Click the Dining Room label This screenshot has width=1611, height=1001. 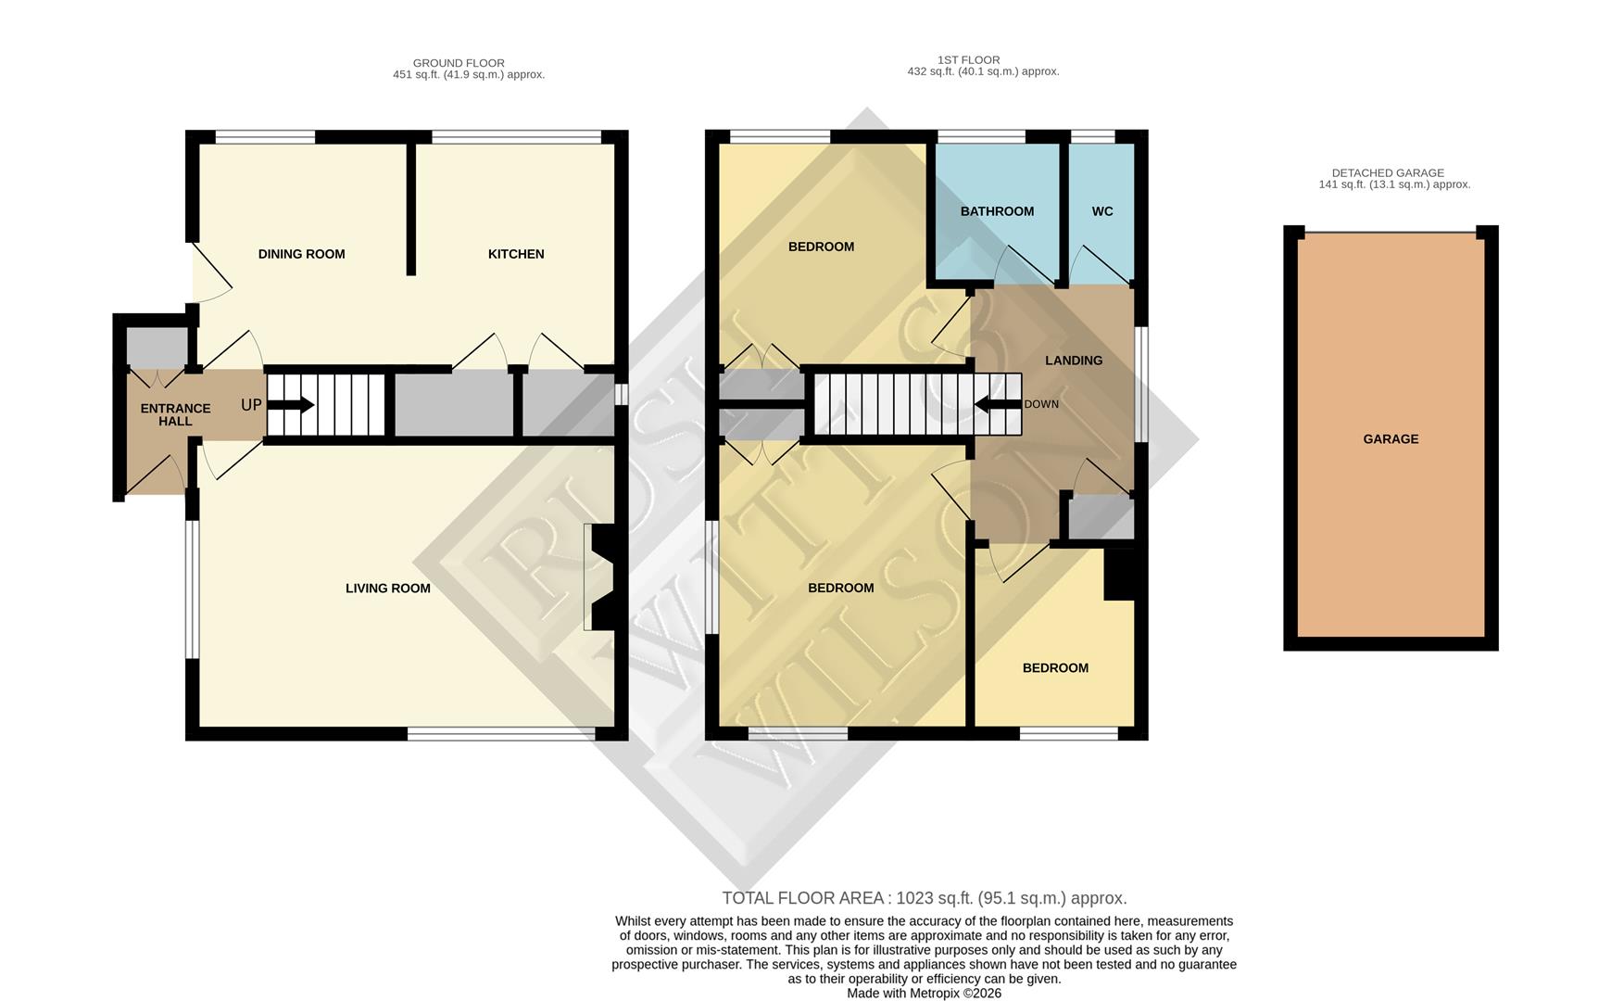(x=301, y=254)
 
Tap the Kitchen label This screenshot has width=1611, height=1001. (x=516, y=254)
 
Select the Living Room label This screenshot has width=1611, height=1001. (x=387, y=588)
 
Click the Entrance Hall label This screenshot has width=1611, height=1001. (x=175, y=414)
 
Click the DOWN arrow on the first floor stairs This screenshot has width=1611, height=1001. (x=997, y=404)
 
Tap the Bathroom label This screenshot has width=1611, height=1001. (x=997, y=211)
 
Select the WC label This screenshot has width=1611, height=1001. (x=1101, y=211)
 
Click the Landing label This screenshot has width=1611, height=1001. (x=1074, y=361)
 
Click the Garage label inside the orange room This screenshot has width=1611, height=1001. (x=1390, y=439)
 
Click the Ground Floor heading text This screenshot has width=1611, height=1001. (x=459, y=63)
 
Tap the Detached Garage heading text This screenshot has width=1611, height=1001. (x=1388, y=172)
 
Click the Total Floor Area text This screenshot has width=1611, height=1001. (x=924, y=897)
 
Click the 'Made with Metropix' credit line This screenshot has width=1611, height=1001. (x=924, y=993)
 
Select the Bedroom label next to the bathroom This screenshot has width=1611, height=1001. (x=821, y=247)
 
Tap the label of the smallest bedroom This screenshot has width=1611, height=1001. (x=1055, y=668)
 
